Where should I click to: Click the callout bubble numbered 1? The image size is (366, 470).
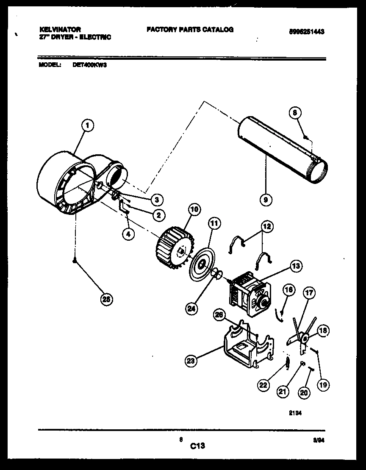pos(87,125)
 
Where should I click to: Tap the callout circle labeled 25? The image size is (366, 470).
pos(107,300)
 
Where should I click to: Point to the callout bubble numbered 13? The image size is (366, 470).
pos(296,266)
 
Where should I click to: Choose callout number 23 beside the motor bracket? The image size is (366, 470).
pos(191,361)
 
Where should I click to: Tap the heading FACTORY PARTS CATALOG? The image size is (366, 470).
pos(190,30)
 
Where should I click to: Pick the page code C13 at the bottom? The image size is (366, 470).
pos(197,445)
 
